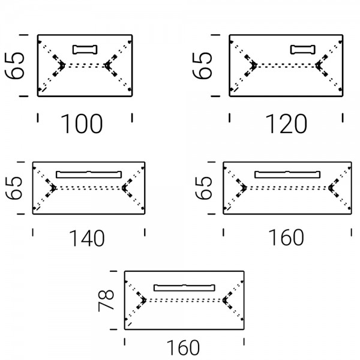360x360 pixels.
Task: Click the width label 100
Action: pos(82,124)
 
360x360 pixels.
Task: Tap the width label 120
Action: pos(286,124)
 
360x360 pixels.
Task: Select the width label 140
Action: pos(87,238)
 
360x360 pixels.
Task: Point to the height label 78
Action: pos(106,301)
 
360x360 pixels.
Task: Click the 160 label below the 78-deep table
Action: pos(183,347)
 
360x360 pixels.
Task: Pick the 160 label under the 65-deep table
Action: pos(286,238)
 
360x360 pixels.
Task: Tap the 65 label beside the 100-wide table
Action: pos(14,66)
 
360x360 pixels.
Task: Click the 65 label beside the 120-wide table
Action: pos(202,66)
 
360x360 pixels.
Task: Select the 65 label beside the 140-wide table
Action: pos(14,188)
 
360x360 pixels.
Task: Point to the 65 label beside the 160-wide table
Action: pos(203,188)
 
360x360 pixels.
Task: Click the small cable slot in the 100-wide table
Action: pos(85,50)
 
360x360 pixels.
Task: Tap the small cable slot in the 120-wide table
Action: pos(303,50)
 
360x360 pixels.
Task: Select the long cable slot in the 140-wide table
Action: pos(89,175)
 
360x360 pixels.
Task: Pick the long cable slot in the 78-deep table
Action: pos(184,288)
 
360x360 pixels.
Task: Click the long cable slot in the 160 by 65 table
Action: pos(287,175)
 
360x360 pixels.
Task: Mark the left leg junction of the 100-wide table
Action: pos(62,65)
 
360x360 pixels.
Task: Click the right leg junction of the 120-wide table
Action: pos(318,65)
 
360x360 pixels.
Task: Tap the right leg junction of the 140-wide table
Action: pos(124,188)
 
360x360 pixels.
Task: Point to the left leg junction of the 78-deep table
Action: pos(143,300)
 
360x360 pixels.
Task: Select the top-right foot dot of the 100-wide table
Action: pos(130,42)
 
